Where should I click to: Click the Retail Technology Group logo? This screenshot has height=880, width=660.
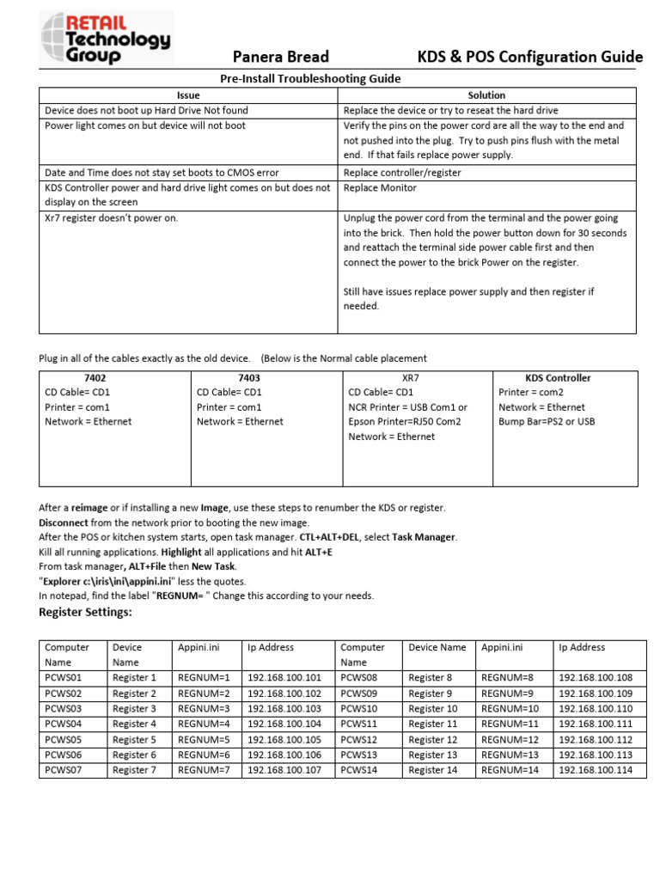[x=106, y=38]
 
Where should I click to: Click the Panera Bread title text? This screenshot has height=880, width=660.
[x=282, y=58]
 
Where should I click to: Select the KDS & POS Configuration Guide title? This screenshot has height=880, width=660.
[x=529, y=58]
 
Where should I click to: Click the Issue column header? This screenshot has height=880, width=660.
[x=188, y=95]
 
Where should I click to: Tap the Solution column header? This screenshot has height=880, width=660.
[x=486, y=95]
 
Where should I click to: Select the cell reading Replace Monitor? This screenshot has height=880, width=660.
[x=380, y=187]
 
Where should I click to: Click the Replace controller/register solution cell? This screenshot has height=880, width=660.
[x=402, y=173]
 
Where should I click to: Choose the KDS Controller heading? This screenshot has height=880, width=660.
[x=558, y=378]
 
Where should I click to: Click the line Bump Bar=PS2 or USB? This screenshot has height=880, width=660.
[x=547, y=422]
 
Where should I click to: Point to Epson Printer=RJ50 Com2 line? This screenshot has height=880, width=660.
[x=405, y=422]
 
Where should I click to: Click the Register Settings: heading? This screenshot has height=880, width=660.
[x=86, y=612]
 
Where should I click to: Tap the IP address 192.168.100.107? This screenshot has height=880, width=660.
[x=284, y=770]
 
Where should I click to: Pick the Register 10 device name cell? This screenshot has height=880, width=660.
[x=433, y=709]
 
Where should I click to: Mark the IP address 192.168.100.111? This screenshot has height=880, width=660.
[x=595, y=724]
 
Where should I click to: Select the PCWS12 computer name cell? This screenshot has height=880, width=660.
[x=359, y=740]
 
